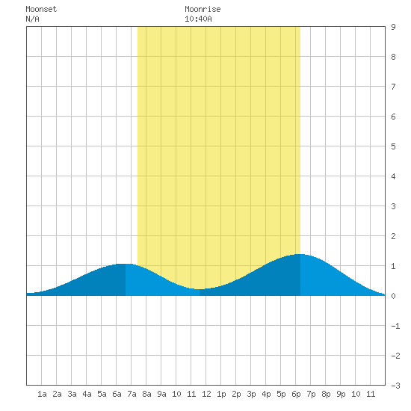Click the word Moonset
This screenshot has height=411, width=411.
pyautogui.click(x=41, y=9)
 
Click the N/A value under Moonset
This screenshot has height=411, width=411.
pyautogui.click(x=32, y=19)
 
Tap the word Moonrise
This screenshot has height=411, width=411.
pyautogui.click(x=203, y=9)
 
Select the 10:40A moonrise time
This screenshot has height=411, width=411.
pyautogui.click(x=198, y=19)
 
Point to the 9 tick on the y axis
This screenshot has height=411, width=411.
pyautogui.click(x=393, y=27)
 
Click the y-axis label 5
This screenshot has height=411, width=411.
pyautogui.click(x=393, y=146)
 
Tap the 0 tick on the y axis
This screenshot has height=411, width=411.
pyautogui.click(x=393, y=296)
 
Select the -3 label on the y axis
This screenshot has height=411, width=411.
pyautogui.click(x=395, y=386)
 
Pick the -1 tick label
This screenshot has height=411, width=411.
pyautogui.click(x=395, y=326)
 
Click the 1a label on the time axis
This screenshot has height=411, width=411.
pyautogui.click(x=42, y=394)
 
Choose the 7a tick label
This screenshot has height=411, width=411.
pyautogui.click(x=132, y=394)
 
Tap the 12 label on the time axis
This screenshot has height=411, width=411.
pyautogui.click(x=206, y=394)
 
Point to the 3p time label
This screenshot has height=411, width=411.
pyautogui.click(x=251, y=394)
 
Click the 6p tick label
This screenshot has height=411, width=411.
pyautogui.click(x=296, y=394)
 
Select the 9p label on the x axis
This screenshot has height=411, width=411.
pyautogui.click(x=341, y=394)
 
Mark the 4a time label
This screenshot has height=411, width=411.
pyautogui.click(x=87, y=394)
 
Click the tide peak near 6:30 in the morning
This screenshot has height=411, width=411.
pyautogui.click(x=125, y=264)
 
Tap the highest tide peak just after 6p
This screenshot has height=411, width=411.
pyautogui.click(x=300, y=254)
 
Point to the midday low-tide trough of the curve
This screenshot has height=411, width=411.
pyautogui.click(x=200, y=289)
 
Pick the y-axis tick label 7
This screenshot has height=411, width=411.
pyautogui.click(x=393, y=87)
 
